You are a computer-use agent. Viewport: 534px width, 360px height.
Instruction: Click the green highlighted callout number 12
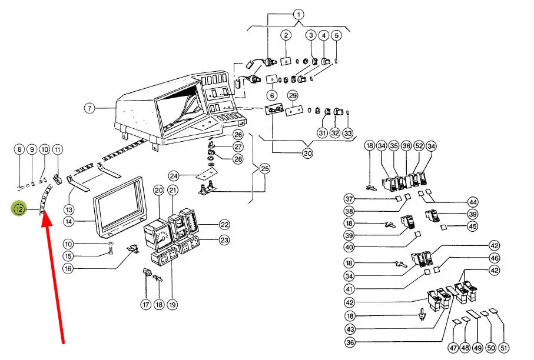pyautogui.click(x=19, y=208)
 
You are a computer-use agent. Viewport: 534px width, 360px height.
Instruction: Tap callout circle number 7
pyautogui.click(x=89, y=108)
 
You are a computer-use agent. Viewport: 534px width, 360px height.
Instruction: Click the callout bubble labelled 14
pyautogui.click(x=69, y=222)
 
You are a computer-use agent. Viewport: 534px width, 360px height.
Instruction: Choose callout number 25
pyautogui.click(x=264, y=169)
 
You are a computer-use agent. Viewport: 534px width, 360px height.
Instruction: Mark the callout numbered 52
pyautogui.click(x=419, y=145)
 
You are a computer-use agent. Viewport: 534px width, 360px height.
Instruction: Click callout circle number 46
pyautogui.click(x=494, y=258)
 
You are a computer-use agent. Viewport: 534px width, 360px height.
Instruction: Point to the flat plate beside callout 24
pyautogui.click(x=203, y=175)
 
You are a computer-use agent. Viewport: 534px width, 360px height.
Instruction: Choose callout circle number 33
pyautogui.click(x=348, y=133)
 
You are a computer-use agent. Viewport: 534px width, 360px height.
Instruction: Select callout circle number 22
pyautogui.click(x=224, y=224)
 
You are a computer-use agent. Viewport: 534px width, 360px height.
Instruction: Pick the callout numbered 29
pyautogui.click(x=292, y=95)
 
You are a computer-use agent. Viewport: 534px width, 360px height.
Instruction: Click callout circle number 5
pyautogui.click(x=336, y=35)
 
